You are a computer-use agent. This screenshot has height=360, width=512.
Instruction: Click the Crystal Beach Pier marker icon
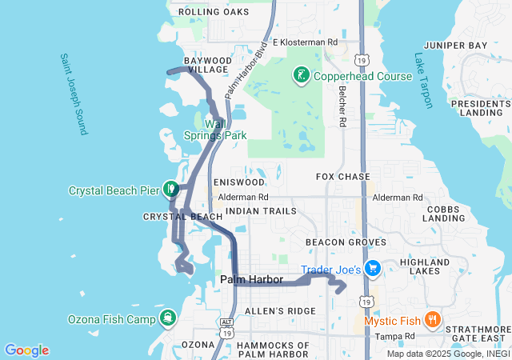[170, 190]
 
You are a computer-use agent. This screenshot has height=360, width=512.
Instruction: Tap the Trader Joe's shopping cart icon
[371, 268]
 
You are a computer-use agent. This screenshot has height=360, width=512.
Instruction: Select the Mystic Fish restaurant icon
[432, 320]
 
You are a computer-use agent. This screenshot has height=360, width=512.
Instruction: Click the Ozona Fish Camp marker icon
[168, 318]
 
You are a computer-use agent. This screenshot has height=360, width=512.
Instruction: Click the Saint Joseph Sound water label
[72, 94]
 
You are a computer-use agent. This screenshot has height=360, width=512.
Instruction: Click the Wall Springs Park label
[214, 130]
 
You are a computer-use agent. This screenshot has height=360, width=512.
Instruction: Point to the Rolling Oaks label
[214, 12]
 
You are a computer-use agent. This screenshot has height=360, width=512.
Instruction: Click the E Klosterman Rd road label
[306, 42]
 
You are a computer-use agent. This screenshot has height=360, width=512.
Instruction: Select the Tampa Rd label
[398, 336]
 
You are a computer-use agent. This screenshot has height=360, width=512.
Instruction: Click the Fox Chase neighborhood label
[343, 176]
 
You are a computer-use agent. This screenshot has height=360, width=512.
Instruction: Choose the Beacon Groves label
[346, 242]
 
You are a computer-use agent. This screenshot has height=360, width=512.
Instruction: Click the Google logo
[26, 350]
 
